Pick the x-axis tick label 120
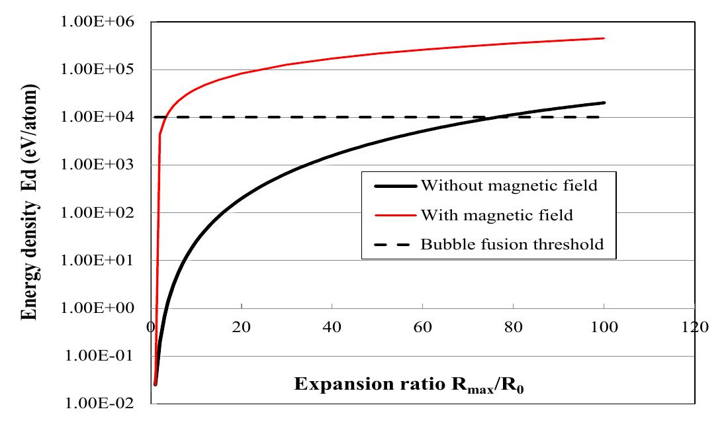694,327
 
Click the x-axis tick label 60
423,327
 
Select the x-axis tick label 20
242,327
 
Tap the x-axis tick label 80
514,327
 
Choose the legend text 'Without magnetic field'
509,186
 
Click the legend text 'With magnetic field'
496,215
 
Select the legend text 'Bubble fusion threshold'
512,244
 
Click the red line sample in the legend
394,216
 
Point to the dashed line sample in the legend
394,245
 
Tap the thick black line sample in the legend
394,187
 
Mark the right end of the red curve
604,38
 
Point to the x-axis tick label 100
604,327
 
